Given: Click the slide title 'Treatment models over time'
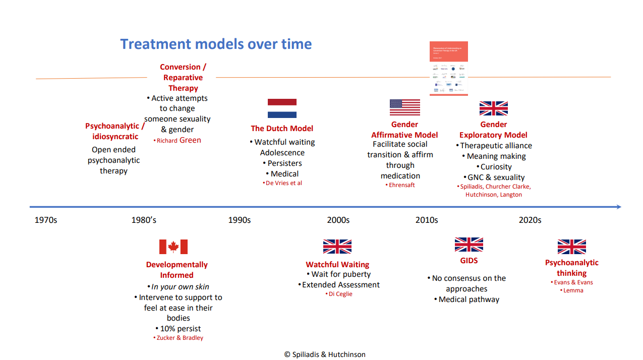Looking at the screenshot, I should coord(216,44).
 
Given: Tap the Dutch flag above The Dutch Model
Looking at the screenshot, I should coord(282,108).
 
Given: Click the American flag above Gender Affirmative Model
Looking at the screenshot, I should coord(404,107).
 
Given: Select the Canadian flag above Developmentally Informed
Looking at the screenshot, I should coord(173,247).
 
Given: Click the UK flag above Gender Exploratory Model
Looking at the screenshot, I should coord(493,108).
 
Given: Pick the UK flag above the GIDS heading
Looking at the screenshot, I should coord(469,245).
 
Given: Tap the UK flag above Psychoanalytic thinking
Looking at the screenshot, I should coord(571,247).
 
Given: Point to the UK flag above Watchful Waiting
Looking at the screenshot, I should coord(337,247).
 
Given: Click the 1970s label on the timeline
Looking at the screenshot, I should coord(46,220).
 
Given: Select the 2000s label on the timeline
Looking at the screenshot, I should coord(338,220).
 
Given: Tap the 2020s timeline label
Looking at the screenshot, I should coord(530,220).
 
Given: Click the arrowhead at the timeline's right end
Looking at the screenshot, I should coord(618,207).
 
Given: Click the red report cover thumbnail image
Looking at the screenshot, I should coord(448,69).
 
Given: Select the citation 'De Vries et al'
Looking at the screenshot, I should coord(284,183).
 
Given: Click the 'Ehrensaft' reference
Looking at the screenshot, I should coord(402,185).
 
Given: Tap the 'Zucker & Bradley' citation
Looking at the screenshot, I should coord(179,338).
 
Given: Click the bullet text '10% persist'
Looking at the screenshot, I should coord(180,329).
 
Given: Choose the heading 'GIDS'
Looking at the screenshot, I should coord(469,261).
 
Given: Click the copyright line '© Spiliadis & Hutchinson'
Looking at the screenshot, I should coord(325,354).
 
